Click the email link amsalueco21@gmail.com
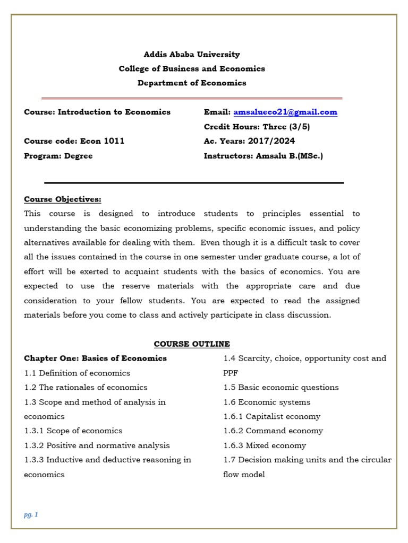[x=285, y=112]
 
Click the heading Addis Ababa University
[x=192, y=54]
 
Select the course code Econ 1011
[x=102, y=141]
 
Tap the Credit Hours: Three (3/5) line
[x=257, y=127]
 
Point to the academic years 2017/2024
[x=271, y=141]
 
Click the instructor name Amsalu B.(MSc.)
[x=289, y=156]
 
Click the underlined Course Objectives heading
[x=63, y=199]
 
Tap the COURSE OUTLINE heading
[x=192, y=344]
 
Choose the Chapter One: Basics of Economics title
[x=95, y=358]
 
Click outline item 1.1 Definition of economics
[x=77, y=373]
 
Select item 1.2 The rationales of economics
[x=86, y=388]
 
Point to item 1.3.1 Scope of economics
[x=73, y=431]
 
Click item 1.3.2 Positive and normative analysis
[x=97, y=445]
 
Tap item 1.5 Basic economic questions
[x=280, y=388]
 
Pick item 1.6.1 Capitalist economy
[x=271, y=416]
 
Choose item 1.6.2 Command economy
[x=273, y=431]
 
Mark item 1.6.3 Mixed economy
[x=265, y=445]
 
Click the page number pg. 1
[x=31, y=514]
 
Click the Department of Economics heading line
[x=192, y=83]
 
